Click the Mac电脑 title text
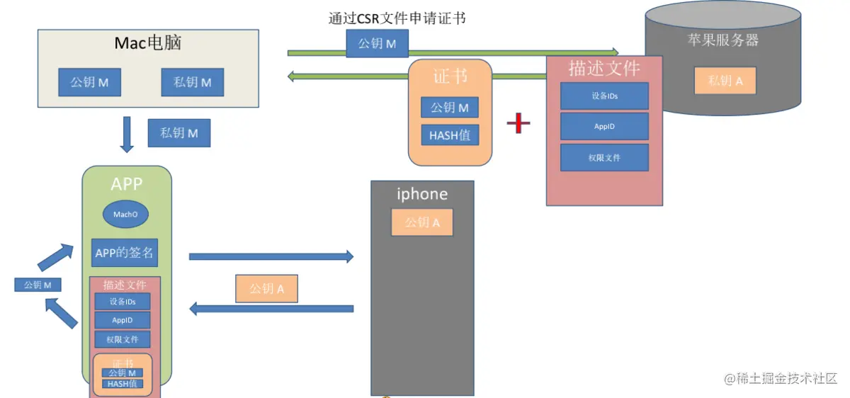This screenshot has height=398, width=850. (148, 43)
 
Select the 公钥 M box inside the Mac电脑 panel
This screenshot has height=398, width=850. (89, 82)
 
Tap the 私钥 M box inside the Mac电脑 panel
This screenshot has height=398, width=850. (193, 82)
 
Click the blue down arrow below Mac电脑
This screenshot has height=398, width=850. (127, 135)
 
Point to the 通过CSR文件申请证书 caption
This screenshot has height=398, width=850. (397, 18)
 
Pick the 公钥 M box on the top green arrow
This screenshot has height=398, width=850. (377, 44)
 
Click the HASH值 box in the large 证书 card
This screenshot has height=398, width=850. (450, 135)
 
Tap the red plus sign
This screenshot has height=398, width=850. (518, 123)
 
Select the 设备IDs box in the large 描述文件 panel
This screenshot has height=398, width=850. (604, 96)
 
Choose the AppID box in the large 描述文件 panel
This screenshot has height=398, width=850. (604, 126)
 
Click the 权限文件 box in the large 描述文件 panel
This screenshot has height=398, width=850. (604, 157)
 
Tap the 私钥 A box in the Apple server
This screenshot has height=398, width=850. (725, 81)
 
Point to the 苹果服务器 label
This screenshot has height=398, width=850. (722, 40)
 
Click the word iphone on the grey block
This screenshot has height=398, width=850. (422, 194)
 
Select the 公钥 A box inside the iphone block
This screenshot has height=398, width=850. (422, 222)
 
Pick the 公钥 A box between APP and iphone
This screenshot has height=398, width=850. (267, 289)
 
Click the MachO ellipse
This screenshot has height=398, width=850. (125, 214)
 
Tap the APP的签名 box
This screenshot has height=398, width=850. (125, 253)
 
